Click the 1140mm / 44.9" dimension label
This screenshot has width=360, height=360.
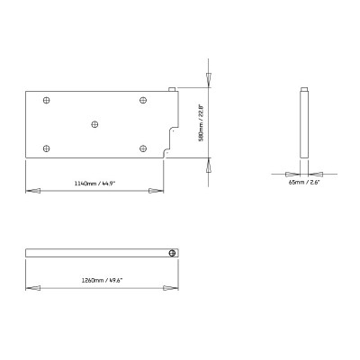coord(94,184)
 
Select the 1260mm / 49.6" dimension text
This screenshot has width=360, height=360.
coord(103,281)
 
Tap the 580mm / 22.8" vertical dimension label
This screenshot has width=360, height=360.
coord(201,122)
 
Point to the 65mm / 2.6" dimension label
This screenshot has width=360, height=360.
coord(304,182)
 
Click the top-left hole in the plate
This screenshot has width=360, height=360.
coord(46,100)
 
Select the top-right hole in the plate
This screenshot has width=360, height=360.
coord(143,100)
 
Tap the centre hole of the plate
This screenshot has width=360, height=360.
coord(94,124)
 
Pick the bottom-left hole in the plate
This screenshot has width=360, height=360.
coord(46,148)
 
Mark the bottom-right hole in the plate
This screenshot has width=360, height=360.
coord(143,148)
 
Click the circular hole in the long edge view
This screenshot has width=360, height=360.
coord(172,253)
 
